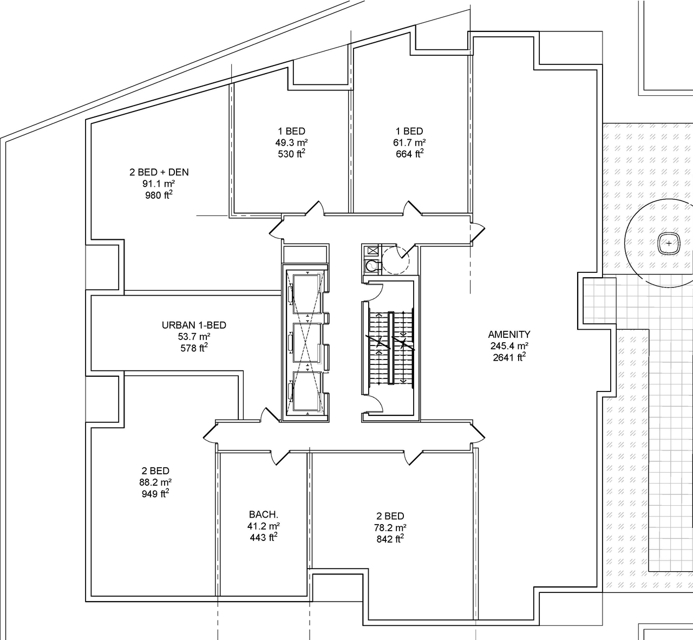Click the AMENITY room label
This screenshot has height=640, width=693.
pyautogui.click(x=509, y=335)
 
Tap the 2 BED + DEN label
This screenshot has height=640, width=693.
pyautogui.click(x=159, y=172)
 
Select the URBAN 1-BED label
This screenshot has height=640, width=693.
pyautogui.click(x=194, y=325)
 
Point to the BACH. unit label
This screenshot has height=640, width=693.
pyautogui.click(x=264, y=514)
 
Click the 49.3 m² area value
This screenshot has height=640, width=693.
pyautogui.click(x=291, y=143)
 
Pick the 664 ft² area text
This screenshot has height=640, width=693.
pyautogui.click(x=409, y=154)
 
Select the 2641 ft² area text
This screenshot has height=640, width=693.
pyautogui.click(x=509, y=357)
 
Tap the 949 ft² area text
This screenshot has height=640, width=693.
pyautogui.click(x=155, y=494)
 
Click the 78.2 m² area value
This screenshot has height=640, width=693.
pyautogui.click(x=390, y=528)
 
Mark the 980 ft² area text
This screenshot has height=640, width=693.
pyautogui.click(x=159, y=195)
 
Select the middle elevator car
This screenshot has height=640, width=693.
pyautogui.click(x=307, y=342)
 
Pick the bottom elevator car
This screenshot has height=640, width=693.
pyautogui.click(x=307, y=391)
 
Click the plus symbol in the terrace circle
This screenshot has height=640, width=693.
pyautogui.click(x=669, y=244)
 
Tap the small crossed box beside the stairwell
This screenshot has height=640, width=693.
pyautogui.click(x=372, y=251)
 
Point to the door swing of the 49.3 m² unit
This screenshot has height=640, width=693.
pyautogui.click(x=313, y=209)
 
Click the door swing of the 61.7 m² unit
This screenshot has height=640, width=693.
pyautogui.click(x=411, y=209)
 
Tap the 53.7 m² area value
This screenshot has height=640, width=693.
pyautogui.click(x=194, y=337)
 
